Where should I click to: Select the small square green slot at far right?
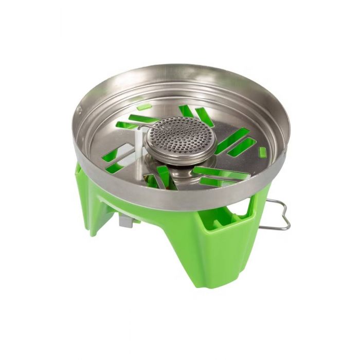click(x=263, y=152)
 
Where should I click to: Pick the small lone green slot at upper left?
click(x=145, y=107)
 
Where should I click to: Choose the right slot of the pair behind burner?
click(x=204, y=117)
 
